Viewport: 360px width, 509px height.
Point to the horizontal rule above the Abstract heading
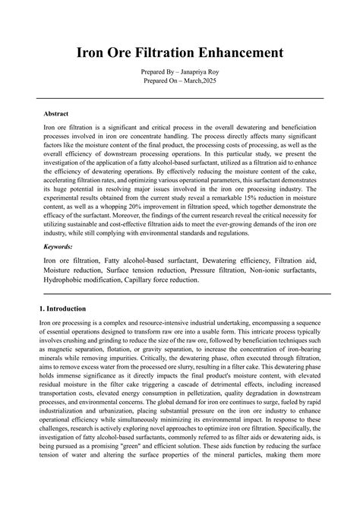pos(180,98)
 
